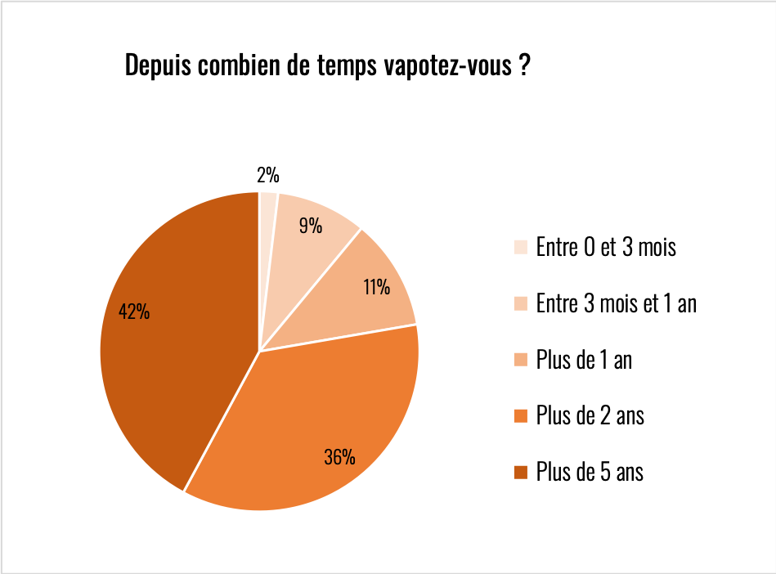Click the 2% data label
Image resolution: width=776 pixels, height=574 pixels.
[267, 175]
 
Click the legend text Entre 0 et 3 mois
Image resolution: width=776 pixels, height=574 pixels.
[606, 248]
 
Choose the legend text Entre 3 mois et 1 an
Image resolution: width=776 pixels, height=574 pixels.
[616, 304]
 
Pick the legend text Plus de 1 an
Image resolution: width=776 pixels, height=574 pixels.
[584, 360]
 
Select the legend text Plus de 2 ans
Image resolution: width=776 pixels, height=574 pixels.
[590, 416]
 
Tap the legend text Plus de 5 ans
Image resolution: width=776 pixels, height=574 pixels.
[590, 472]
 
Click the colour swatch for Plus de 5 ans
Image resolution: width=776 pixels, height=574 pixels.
[521, 473]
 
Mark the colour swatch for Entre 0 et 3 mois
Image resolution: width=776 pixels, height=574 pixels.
[521, 248]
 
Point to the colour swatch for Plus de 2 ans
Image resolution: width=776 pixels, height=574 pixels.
[521, 416]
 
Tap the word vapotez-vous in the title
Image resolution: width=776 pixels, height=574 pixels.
[447, 66]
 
